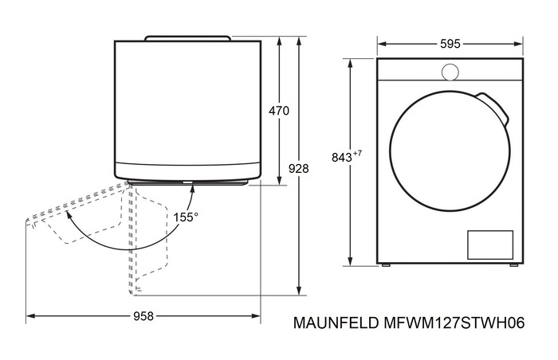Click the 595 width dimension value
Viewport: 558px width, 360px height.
(x=450, y=44)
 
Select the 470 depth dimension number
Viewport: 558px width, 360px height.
(x=279, y=111)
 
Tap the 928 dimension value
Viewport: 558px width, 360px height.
(x=299, y=168)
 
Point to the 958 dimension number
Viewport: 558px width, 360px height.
(x=143, y=316)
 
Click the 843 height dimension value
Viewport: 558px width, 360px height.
(x=342, y=157)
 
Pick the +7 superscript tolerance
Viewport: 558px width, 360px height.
(x=357, y=154)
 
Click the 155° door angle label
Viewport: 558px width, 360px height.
(x=186, y=217)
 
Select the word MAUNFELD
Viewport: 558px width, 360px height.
(x=336, y=323)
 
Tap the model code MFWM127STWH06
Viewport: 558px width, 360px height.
(x=454, y=323)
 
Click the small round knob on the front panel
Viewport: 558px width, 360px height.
(x=450, y=72)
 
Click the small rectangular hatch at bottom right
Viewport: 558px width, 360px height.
(x=490, y=245)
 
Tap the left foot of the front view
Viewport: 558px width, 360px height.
(x=385, y=265)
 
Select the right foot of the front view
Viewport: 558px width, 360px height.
(x=514, y=265)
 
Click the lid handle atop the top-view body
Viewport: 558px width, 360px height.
(x=187, y=37)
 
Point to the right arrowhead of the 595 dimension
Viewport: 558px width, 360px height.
(x=518, y=44)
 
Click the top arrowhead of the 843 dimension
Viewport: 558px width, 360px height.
(x=351, y=65)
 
